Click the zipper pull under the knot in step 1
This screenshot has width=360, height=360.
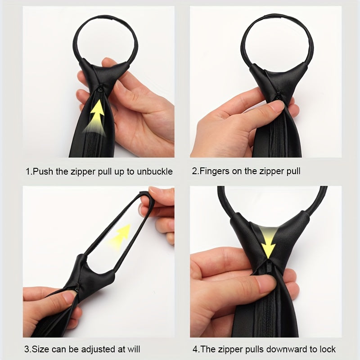[x=100, y=88]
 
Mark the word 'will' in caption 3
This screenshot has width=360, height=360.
[x=134, y=350]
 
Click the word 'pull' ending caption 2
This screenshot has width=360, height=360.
[x=293, y=172]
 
